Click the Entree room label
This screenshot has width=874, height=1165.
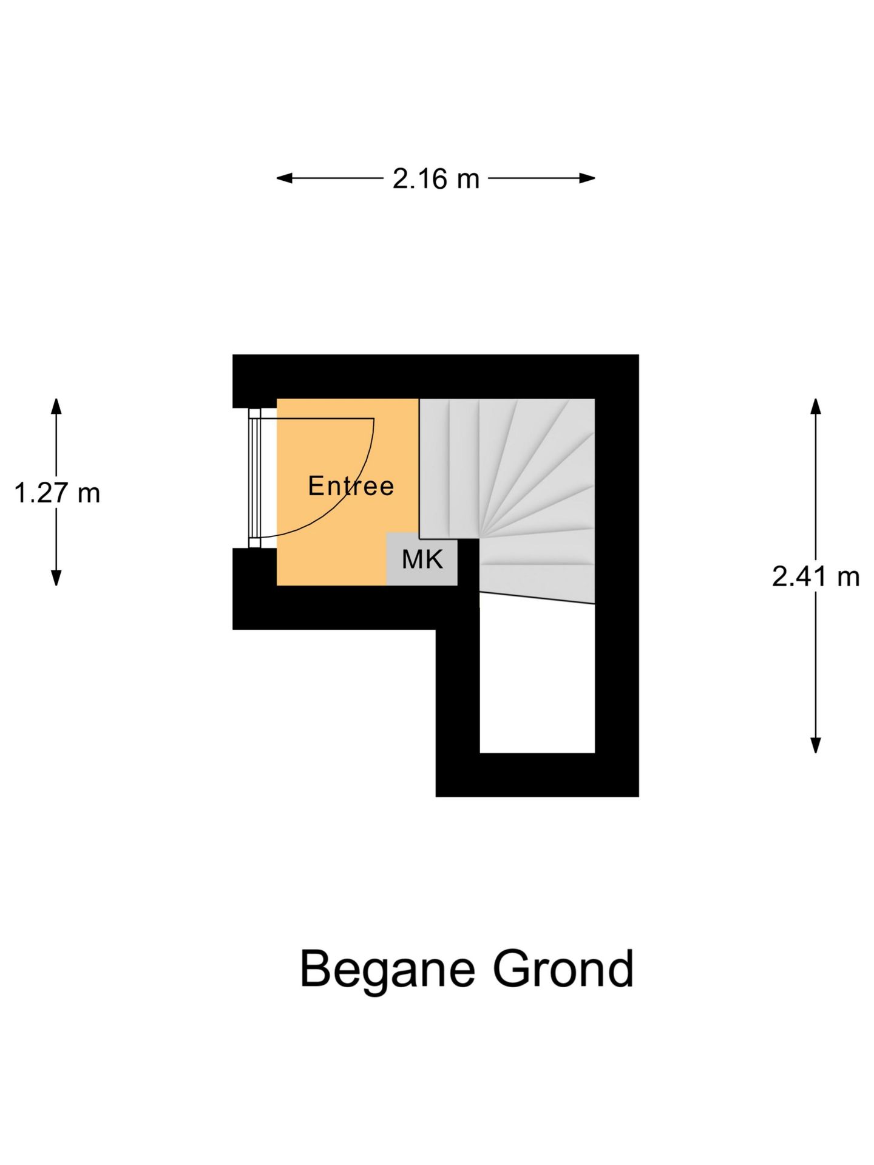coord(351,486)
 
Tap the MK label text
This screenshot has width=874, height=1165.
coord(422,559)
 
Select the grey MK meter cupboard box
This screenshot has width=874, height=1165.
coord(422,559)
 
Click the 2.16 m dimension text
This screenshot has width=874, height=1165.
coord(436,179)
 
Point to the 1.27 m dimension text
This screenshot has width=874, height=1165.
coord(57,493)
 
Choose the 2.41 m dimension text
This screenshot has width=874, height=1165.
coord(816,576)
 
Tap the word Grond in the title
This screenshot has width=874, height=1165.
coord(563,969)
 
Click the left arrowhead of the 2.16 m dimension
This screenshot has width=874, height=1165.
coord(285,178)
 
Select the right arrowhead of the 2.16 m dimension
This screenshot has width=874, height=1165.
coord(587,178)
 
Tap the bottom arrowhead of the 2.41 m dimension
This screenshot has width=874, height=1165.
coord(816,745)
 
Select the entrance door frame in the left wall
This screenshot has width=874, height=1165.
coord(254,478)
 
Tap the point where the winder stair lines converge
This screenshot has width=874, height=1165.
coord(479,538)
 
